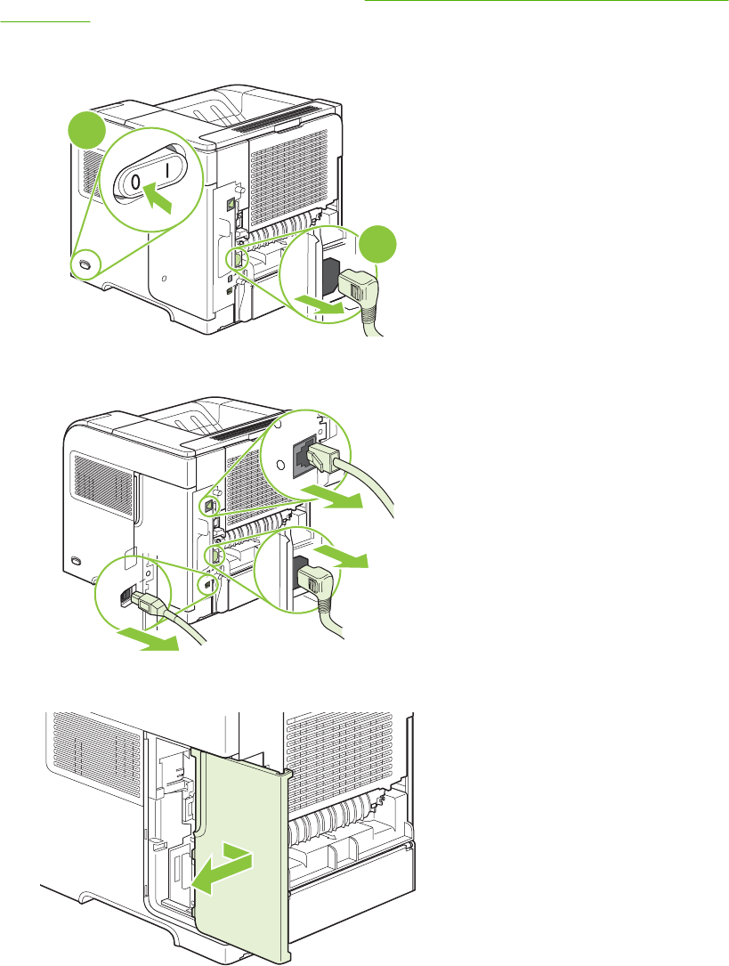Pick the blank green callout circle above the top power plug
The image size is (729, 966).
[378, 244]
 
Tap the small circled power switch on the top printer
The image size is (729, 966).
[85, 265]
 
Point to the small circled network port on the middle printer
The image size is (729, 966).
[208, 504]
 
